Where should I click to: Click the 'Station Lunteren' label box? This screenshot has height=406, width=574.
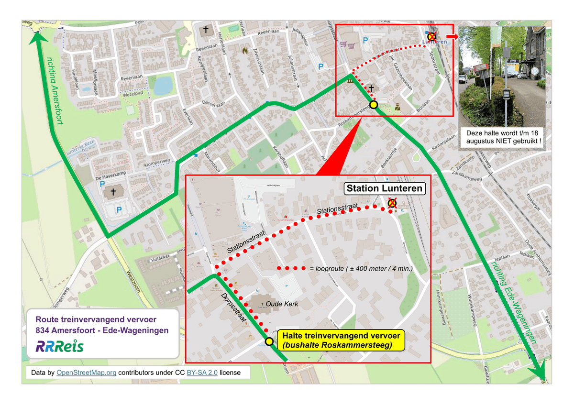click(385, 188)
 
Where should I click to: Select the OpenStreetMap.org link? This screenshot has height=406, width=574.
click(87, 373)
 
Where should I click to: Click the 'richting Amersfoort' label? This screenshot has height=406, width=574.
click(55, 91)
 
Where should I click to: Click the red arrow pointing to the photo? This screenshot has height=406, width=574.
click(451, 36)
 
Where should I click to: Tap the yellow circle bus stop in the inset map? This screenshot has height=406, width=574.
click(269, 341)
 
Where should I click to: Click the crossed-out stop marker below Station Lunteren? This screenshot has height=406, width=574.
click(392, 204)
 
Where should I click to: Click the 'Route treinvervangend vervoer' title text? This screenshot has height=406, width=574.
click(96, 319)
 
